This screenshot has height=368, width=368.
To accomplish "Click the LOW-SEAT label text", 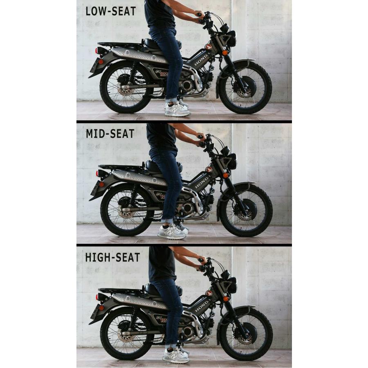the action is (x=110, y=11).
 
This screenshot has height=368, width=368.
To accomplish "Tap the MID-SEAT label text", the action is (x=110, y=134).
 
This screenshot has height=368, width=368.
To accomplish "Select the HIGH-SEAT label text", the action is (x=112, y=257).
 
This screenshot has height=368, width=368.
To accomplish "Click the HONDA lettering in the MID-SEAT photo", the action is (x=202, y=183).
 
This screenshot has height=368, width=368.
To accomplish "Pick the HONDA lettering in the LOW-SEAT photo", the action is (x=201, y=61).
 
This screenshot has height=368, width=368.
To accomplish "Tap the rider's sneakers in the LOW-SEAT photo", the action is (x=177, y=108).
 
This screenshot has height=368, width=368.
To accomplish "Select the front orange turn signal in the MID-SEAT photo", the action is (x=226, y=175).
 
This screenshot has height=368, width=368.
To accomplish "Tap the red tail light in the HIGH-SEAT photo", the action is (x=97, y=297).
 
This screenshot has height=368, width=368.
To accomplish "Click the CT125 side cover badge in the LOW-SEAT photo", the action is (x=161, y=73).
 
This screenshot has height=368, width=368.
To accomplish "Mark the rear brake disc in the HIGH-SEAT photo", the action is (x=126, y=334).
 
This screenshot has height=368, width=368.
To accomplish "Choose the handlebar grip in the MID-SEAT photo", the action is (x=200, y=137).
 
